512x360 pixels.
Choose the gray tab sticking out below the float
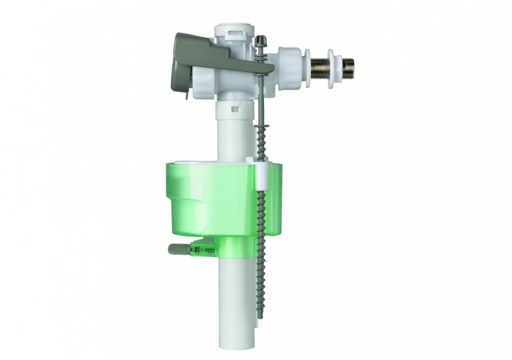tap(178, 249)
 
